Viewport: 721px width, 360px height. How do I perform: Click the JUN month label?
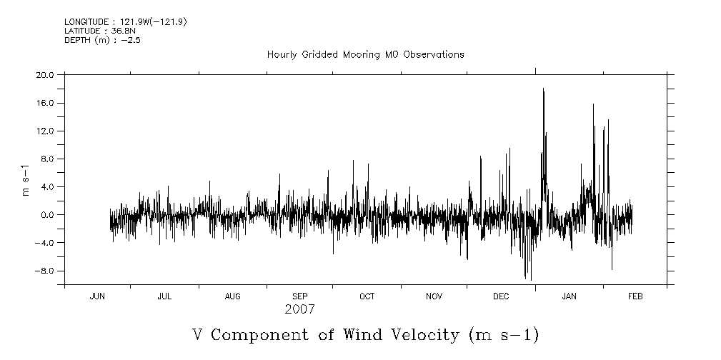(x=97, y=296)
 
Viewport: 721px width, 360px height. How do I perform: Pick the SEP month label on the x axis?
(x=299, y=296)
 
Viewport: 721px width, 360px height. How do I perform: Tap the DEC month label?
(x=501, y=296)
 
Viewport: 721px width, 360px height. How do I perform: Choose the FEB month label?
(x=635, y=296)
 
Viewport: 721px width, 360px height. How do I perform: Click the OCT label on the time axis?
(x=367, y=296)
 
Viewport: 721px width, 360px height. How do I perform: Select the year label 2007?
(x=299, y=310)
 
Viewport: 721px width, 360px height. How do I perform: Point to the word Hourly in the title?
(x=282, y=55)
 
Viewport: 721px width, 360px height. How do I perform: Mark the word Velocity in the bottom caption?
(x=429, y=335)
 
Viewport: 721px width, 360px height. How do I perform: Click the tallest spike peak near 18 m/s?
(x=543, y=89)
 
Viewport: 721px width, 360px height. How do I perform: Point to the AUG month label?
(x=232, y=296)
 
